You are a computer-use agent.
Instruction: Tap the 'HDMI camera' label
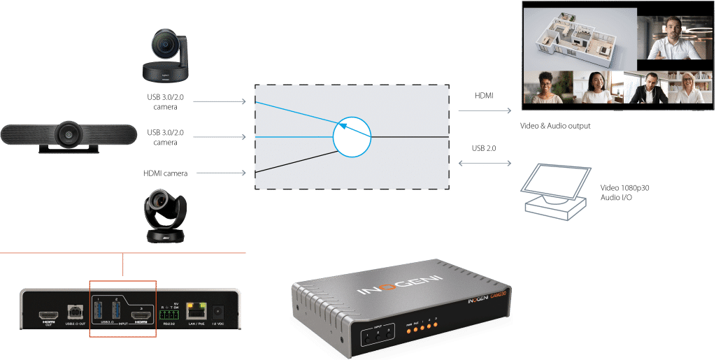166,173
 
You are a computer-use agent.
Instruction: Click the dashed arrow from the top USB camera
220,102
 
